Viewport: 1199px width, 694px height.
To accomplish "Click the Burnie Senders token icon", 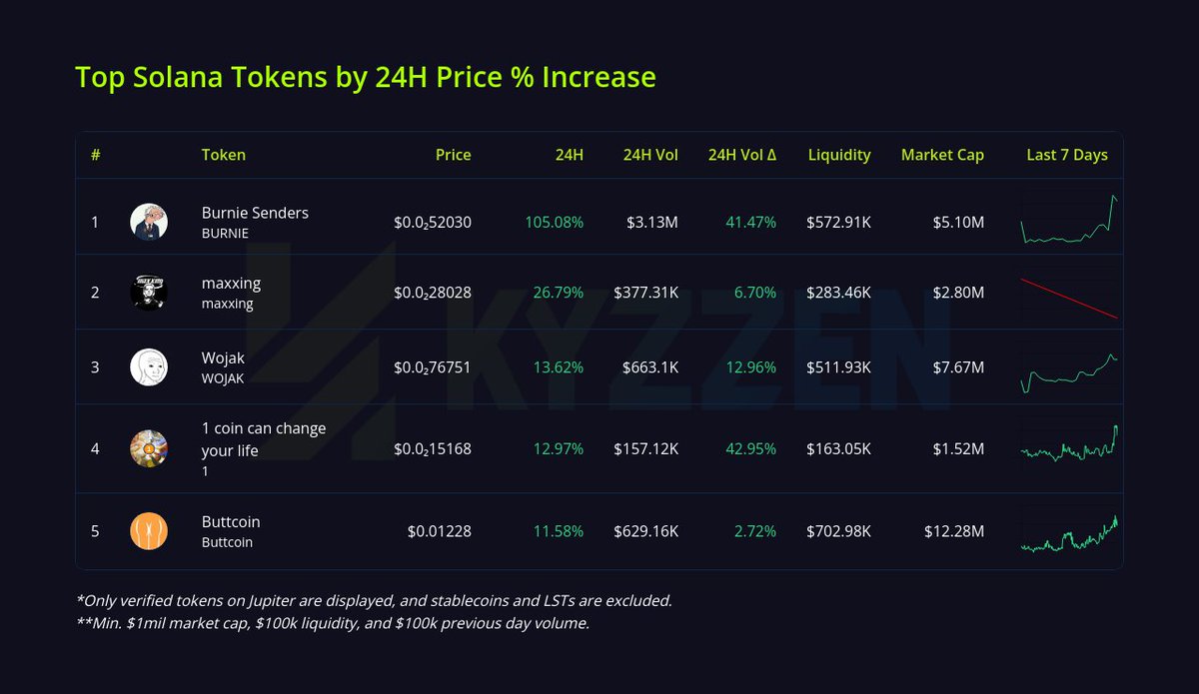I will pyautogui.click(x=149, y=222).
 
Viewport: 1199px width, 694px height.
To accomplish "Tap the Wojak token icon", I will pyautogui.click(x=149, y=366).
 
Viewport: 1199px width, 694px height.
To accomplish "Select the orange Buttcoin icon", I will pyautogui.click(x=149, y=531).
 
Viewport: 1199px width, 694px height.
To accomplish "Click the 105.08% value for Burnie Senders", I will pyautogui.click(x=554, y=222).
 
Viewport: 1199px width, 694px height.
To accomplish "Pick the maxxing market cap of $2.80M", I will pyautogui.click(x=958, y=293).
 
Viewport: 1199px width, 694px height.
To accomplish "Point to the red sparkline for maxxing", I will pyautogui.click(x=1069, y=298).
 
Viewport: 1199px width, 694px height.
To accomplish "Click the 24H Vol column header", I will pyautogui.click(x=650, y=155).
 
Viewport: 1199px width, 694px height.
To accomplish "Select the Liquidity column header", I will pyautogui.click(x=839, y=155).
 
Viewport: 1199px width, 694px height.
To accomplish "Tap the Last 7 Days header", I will pyautogui.click(x=1067, y=155).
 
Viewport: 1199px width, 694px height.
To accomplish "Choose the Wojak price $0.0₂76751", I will pyautogui.click(x=433, y=367).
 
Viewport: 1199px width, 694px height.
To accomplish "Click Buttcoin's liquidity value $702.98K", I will pyautogui.click(x=838, y=531).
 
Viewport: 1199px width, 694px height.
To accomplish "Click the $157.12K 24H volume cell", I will pyautogui.click(x=645, y=449).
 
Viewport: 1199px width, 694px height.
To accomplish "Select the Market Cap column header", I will pyautogui.click(x=942, y=155).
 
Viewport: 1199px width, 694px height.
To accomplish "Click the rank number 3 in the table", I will pyautogui.click(x=95, y=366).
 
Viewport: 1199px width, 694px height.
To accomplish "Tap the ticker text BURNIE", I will pyautogui.click(x=225, y=234).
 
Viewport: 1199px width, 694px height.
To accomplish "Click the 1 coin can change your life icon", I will pyautogui.click(x=149, y=449).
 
